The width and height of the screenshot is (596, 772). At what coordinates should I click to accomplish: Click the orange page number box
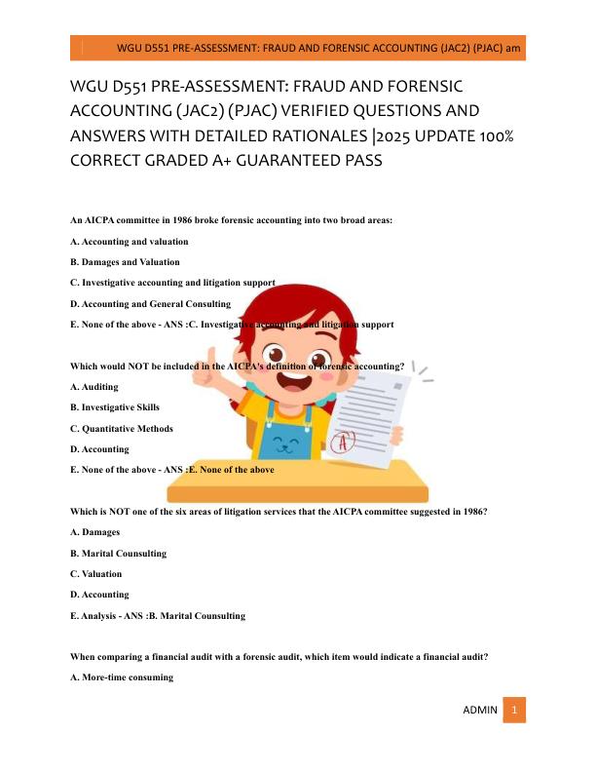(515, 711)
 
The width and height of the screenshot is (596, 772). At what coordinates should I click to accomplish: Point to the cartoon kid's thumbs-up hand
(207, 373)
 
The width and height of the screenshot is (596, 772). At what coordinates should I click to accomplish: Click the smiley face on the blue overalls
(288, 445)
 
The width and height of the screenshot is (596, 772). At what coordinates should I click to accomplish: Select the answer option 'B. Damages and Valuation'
(125, 262)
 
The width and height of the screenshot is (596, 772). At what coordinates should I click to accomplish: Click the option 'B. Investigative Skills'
(115, 407)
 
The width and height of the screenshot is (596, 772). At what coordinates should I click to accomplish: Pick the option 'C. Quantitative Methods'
(119, 429)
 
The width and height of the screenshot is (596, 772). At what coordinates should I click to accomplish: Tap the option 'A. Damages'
(95, 532)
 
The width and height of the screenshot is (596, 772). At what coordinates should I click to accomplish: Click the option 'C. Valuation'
(96, 574)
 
